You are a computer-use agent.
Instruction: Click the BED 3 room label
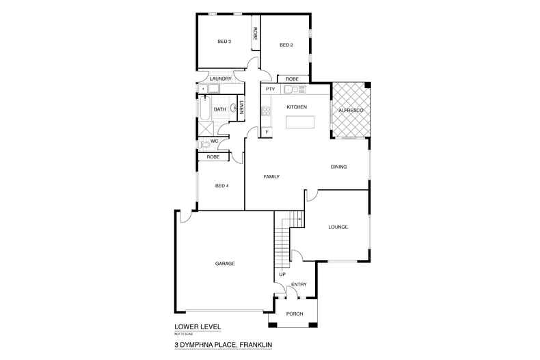click(224, 42)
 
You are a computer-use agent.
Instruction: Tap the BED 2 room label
click(286, 45)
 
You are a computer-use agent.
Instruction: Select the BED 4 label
click(221, 186)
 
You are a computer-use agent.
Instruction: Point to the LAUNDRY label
click(220, 79)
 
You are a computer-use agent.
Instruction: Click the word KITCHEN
click(296, 107)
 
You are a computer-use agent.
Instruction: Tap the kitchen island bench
click(301, 122)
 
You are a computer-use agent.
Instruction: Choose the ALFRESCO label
click(350, 110)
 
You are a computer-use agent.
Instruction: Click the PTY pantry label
click(269, 89)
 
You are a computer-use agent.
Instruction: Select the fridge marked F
click(267, 130)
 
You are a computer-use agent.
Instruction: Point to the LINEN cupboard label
click(242, 108)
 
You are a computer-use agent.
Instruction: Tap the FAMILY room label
click(272, 177)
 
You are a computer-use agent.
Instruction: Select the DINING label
click(339, 167)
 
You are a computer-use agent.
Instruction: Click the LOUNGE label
click(338, 227)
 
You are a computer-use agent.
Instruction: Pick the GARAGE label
click(225, 263)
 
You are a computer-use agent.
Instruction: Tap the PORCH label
click(294, 314)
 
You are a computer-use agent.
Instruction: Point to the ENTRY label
click(299, 284)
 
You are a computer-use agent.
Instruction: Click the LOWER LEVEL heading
click(195, 327)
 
